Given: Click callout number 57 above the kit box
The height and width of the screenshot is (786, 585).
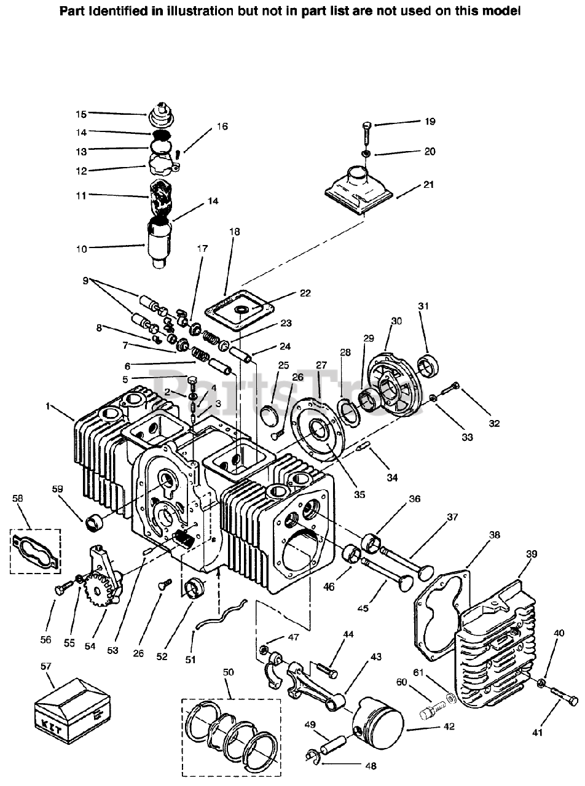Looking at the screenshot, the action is [x=46, y=667].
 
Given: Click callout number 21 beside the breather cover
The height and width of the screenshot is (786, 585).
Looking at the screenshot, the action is [x=428, y=185].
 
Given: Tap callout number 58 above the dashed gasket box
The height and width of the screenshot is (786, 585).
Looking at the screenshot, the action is [x=17, y=498].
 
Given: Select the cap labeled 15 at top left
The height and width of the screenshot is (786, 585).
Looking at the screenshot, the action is [x=162, y=114].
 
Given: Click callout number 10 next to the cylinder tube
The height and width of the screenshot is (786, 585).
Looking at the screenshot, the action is [x=81, y=249].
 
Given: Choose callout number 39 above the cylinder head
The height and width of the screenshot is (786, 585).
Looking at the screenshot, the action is [x=532, y=554].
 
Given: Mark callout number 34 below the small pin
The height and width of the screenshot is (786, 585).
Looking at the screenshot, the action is [x=392, y=477].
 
